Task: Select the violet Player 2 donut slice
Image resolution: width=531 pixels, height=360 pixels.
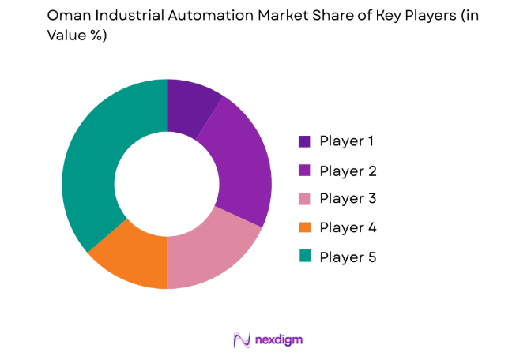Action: pos(240,166)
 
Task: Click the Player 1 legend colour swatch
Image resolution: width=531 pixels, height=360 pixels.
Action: pos(304,142)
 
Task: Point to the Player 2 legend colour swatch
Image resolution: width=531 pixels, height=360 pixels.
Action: pos(304,171)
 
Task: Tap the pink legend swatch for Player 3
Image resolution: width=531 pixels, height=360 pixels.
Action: pos(304,199)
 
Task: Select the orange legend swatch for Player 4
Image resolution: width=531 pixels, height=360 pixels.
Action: pos(304,227)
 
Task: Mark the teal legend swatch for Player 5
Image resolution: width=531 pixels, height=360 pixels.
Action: pos(304,256)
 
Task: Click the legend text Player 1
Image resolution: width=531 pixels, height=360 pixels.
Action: pos(347,142)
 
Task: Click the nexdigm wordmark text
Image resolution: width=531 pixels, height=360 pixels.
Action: pos(278,339)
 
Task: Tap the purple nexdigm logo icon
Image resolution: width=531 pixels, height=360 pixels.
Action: pos(242,339)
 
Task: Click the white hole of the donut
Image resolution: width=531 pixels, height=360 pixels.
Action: pos(167,184)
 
